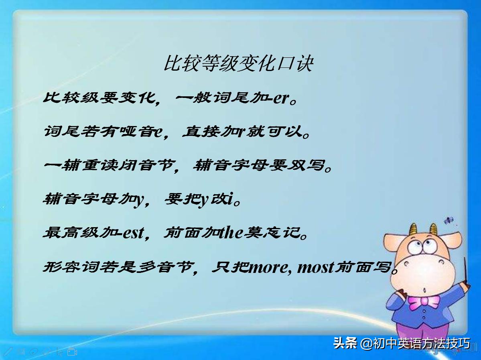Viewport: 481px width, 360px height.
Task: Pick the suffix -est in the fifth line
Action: click(129, 233)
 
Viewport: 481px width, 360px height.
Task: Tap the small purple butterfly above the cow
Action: click(449, 220)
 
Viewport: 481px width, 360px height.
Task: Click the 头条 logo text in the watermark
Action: click(345, 344)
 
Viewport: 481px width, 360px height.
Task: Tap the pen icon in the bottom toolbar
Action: click(8, 352)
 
